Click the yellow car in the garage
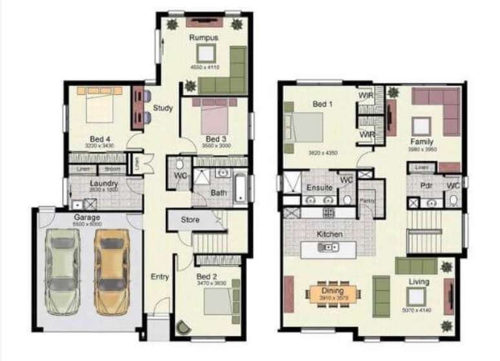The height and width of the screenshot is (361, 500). pyautogui.click(x=111, y=272)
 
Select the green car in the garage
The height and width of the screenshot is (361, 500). pyautogui.click(x=63, y=272)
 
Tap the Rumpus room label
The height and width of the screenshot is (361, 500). pyautogui.click(x=203, y=38)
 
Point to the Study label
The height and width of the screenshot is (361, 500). pyautogui.click(x=163, y=108)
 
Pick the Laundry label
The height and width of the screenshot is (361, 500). pyautogui.click(x=103, y=183)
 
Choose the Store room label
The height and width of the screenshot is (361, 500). pyautogui.click(x=190, y=220)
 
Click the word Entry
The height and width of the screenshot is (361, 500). pyautogui.click(x=160, y=277)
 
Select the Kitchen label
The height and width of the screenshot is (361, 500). pyautogui.click(x=329, y=234)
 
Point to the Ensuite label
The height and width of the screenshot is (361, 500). pyautogui.click(x=320, y=188)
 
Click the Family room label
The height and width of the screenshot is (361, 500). pyautogui.click(x=421, y=142)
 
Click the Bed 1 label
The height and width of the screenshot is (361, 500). pyautogui.click(x=322, y=105)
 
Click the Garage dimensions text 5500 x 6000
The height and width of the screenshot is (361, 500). pyautogui.click(x=87, y=224)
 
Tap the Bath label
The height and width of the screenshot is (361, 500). pyautogui.click(x=218, y=192)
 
